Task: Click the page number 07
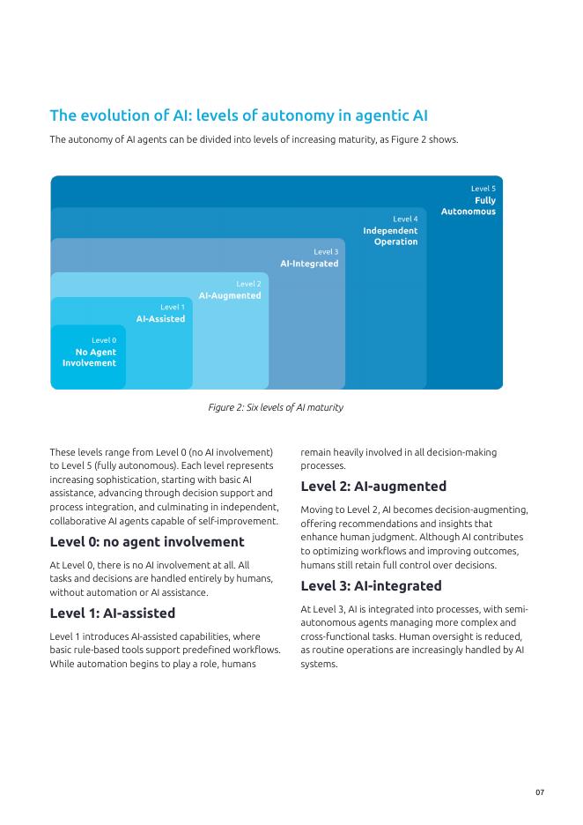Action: pyautogui.click(x=540, y=792)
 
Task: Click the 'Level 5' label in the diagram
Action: pyautogui.click(x=483, y=189)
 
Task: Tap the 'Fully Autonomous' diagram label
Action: pyautogui.click(x=469, y=206)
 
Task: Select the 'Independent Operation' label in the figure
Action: pyautogui.click(x=390, y=236)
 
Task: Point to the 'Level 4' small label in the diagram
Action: pyautogui.click(x=405, y=219)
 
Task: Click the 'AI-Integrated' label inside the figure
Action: pyautogui.click(x=309, y=264)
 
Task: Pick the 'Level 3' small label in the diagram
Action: pyautogui.click(x=326, y=252)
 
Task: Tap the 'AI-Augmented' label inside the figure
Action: pyautogui.click(x=230, y=295)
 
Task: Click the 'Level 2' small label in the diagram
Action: pyautogui.click(x=248, y=284)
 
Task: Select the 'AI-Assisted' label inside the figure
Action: pyautogui.click(x=160, y=318)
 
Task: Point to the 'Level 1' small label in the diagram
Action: pyautogui.click(x=173, y=307)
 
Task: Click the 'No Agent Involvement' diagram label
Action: pyautogui.click(x=89, y=358)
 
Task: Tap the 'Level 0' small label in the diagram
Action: pyautogui.click(x=104, y=340)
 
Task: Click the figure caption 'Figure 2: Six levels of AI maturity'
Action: pyautogui.click(x=276, y=407)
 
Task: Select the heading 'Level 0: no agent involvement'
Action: pyautogui.click(x=147, y=541)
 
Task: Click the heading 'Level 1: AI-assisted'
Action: pyautogui.click(x=113, y=613)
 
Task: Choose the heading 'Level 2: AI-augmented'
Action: pyautogui.click(x=373, y=486)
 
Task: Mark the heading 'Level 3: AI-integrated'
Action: pyautogui.click(x=371, y=585)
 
